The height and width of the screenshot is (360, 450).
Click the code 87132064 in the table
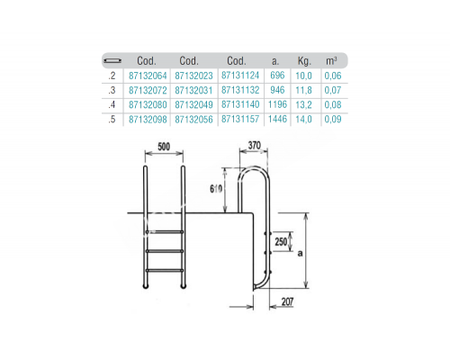click(x=148, y=77)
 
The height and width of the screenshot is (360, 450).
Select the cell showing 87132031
click(x=189, y=91)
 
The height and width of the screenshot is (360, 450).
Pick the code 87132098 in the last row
click(x=148, y=119)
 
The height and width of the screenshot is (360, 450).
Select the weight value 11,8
click(x=305, y=91)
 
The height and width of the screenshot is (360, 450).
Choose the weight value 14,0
click(x=305, y=119)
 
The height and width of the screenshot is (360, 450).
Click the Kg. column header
click(x=305, y=61)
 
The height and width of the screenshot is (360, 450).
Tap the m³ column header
click(x=334, y=61)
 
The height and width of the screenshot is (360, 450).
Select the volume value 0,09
click(x=334, y=119)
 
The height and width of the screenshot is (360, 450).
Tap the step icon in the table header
click(x=112, y=61)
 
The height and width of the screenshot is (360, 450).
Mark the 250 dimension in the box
click(x=283, y=240)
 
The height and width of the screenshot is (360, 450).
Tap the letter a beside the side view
click(x=322, y=255)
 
